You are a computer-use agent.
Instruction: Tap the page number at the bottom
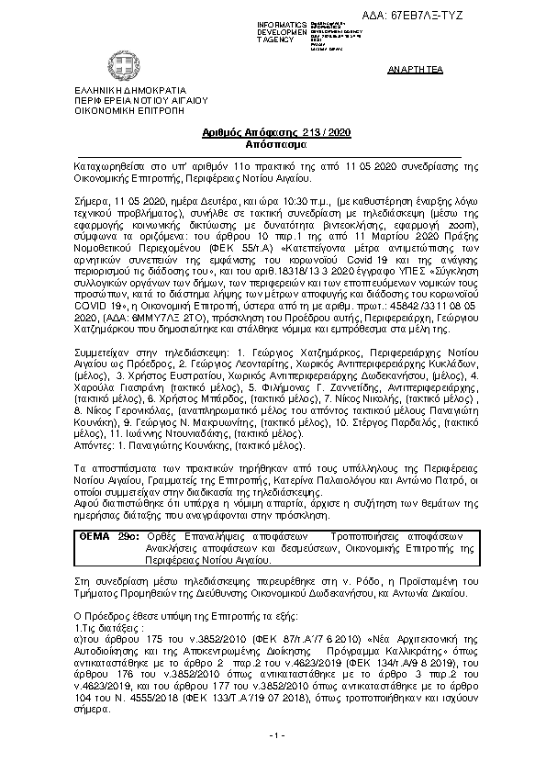point(277,736)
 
